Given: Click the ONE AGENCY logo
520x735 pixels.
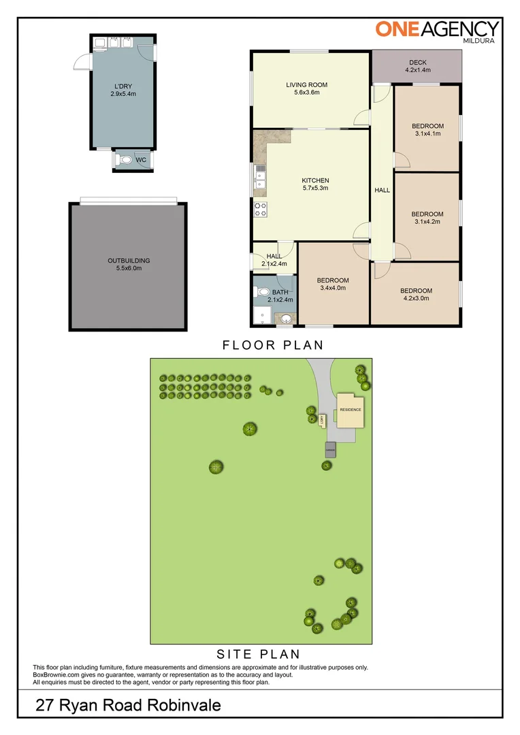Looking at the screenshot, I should tap(438, 30).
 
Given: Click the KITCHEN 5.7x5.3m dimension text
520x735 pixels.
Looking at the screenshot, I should tap(315, 188).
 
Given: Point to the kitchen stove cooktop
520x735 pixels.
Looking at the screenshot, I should tap(259, 210).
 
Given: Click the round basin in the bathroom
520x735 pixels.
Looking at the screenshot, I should tap(285, 318).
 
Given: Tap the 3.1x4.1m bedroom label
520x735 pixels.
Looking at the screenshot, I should tap(427, 129).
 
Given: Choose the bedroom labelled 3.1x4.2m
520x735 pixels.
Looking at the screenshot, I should tap(427, 218).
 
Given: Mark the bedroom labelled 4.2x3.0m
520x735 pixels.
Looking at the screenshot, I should tap(416, 294).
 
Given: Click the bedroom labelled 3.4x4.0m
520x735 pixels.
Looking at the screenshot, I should tap(333, 284).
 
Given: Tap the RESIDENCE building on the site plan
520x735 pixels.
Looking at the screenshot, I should tap(351, 410).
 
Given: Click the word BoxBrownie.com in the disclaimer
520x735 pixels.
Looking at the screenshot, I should tap(57, 675).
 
